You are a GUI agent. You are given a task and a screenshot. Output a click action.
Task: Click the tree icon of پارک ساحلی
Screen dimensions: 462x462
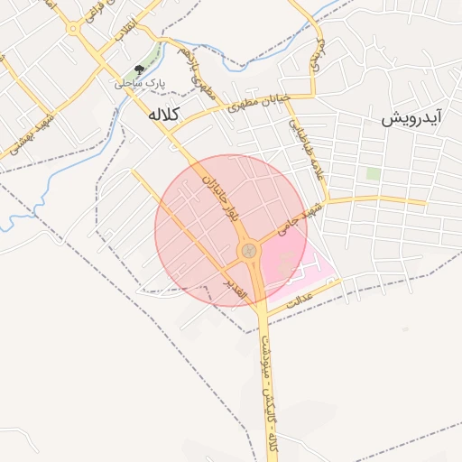pyautogui.click(x=138, y=69)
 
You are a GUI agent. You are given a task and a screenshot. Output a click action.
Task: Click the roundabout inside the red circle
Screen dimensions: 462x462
pyautogui.click(x=247, y=250)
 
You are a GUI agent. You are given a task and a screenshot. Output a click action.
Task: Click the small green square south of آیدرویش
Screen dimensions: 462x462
pyautogui.click(x=373, y=173)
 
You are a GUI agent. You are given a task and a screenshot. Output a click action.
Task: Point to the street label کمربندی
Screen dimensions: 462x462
pyautogui.click(x=317, y=54)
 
